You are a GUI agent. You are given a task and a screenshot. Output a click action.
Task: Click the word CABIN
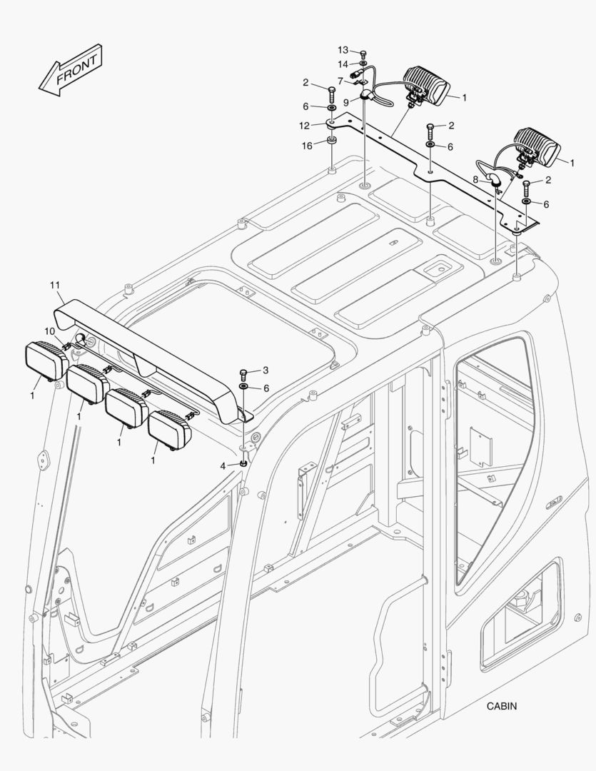point(502,706)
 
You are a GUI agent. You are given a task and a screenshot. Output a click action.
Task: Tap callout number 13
point(343,50)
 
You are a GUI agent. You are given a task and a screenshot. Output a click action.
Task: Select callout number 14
point(343,64)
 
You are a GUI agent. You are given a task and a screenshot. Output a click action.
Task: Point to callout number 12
point(305,126)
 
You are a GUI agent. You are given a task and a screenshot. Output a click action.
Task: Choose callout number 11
point(56,286)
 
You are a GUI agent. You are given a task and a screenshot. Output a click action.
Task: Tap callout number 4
point(223,465)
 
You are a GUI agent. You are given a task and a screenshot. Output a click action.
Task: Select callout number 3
point(266,370)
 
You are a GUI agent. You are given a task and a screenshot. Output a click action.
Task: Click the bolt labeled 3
point(243,373)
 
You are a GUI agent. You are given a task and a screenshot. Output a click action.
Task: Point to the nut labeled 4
point(243,464)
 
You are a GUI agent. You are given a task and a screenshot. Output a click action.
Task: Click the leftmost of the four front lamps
point(46,360)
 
